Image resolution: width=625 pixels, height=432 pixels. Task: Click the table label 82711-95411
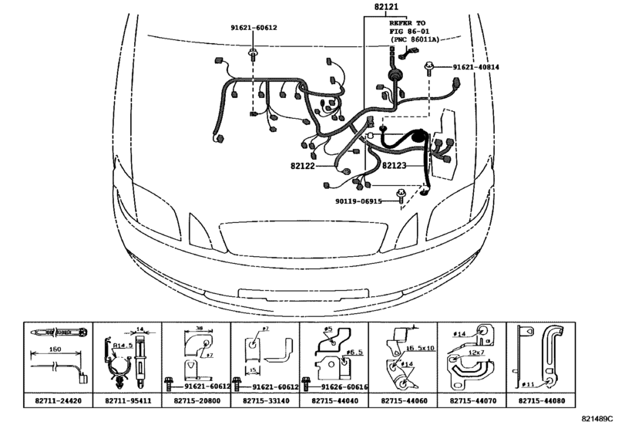coord(127,403)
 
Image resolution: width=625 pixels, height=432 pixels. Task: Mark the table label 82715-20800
coord(197,403)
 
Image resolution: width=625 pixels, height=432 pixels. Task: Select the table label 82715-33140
coord(266,403)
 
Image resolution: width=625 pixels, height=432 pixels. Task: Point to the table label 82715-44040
coord(335,403)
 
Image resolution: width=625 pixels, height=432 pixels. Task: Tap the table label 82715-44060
coord(405,403)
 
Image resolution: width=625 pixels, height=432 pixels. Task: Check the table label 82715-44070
coord(474,403)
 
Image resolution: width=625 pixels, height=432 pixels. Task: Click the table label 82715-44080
coord(543,403)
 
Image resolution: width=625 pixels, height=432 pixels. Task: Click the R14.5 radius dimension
coord(122,347)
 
